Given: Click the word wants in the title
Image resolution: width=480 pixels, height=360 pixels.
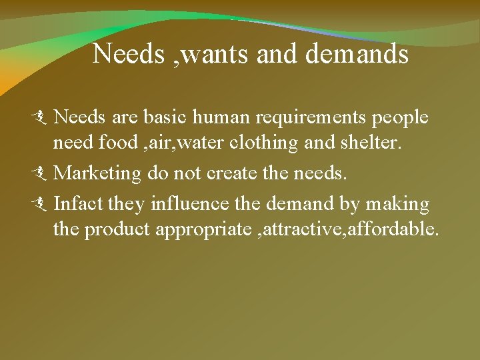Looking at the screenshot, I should (x=214, y=54).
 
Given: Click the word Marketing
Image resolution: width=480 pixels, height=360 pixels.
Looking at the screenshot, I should (x=98, y=174).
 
